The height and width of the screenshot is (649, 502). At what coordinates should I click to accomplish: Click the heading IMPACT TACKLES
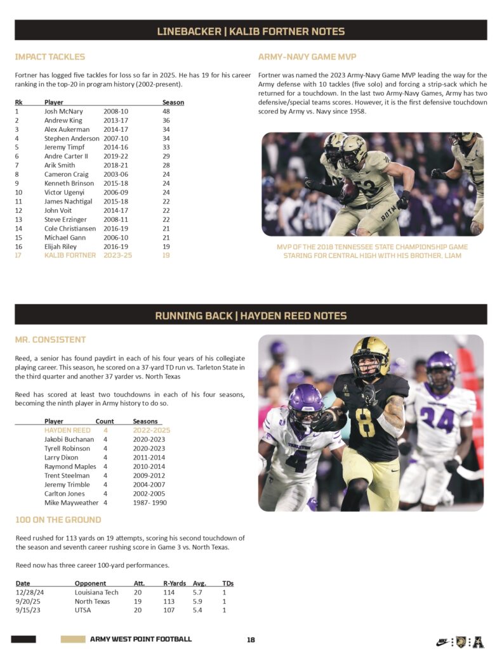(x=50, y=57)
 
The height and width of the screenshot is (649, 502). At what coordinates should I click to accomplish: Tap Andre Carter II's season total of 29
(x=166, y=156)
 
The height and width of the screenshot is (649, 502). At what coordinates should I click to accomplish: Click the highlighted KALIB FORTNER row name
(x=70, y=255)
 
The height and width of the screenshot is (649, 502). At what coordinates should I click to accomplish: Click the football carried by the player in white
(x=348, y=189)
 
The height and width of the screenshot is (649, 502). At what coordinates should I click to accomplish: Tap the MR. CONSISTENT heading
(x=50, y=340)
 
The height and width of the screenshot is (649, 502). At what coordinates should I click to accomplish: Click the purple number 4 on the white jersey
(x=296, y=461)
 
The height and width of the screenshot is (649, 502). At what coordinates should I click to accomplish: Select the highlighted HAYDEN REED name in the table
(x=67, y=430)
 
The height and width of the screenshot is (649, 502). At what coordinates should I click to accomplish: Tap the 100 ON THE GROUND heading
(x=58, y=520)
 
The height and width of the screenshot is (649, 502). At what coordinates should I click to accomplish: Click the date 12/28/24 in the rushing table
(x=31, y=593)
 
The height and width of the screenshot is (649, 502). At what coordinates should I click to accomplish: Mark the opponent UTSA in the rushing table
(x=83, y=610)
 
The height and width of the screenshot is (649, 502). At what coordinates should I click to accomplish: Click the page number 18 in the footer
(x=251, y=639)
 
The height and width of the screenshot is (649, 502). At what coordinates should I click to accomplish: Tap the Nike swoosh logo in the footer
(x=443, y=641)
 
